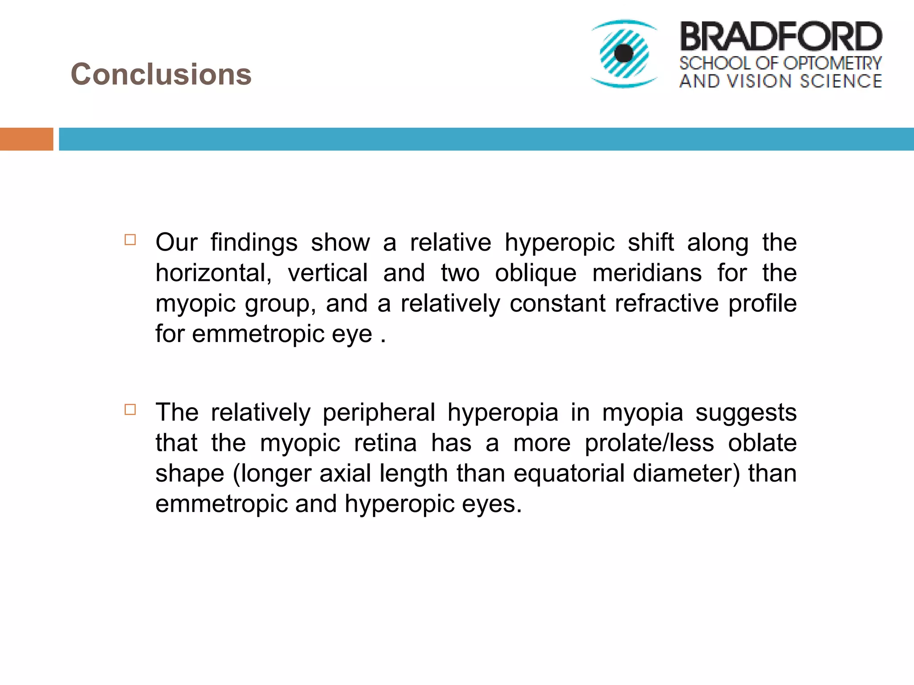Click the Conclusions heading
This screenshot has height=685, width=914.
coord(161,74)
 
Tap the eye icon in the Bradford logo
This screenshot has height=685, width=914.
coord(624,54)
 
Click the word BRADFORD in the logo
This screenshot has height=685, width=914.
coord(781,37)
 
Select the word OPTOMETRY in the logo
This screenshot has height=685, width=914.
coord(832,63)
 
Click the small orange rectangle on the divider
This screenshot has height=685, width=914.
coord(26,139)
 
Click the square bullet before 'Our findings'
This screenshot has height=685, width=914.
coord(130,240)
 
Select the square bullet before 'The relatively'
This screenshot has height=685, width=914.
coord(130,409)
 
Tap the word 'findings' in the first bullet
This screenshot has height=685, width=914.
coord(254,243)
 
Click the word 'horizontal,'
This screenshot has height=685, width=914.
coord(213,273)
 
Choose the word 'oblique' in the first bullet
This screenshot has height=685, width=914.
coord(536,273)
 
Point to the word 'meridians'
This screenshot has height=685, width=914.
coord(647,273)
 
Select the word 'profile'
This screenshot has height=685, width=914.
coord(762,303)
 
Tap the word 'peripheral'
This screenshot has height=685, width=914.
coord(378,413)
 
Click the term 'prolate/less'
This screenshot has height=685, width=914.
coord(649,443)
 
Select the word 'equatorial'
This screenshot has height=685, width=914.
coord(569,473)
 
